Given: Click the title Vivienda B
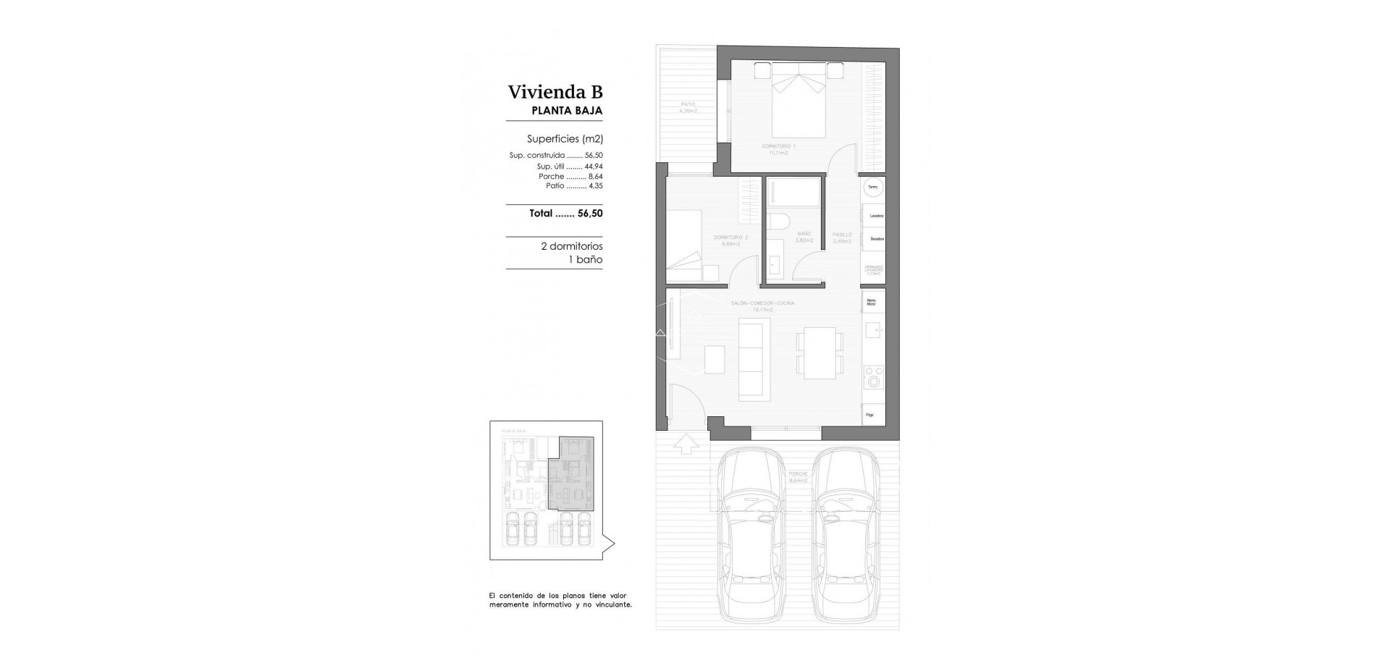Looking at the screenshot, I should pos(555,92).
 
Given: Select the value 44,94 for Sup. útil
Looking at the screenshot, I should pos(594,166).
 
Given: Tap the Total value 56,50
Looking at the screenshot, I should pos(590,214).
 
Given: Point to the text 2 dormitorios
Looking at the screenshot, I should pos(571,246).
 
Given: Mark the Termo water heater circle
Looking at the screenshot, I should pos(873,187).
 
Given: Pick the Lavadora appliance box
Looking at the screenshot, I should pos(876,216).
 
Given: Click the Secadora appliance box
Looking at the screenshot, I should pos(876,239).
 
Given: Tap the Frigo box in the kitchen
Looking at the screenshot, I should pos(871,415).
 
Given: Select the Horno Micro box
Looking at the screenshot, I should pos(872,302).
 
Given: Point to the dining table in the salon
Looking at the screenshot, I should pos(820,352).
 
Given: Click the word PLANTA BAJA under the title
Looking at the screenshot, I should pos(567,111).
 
